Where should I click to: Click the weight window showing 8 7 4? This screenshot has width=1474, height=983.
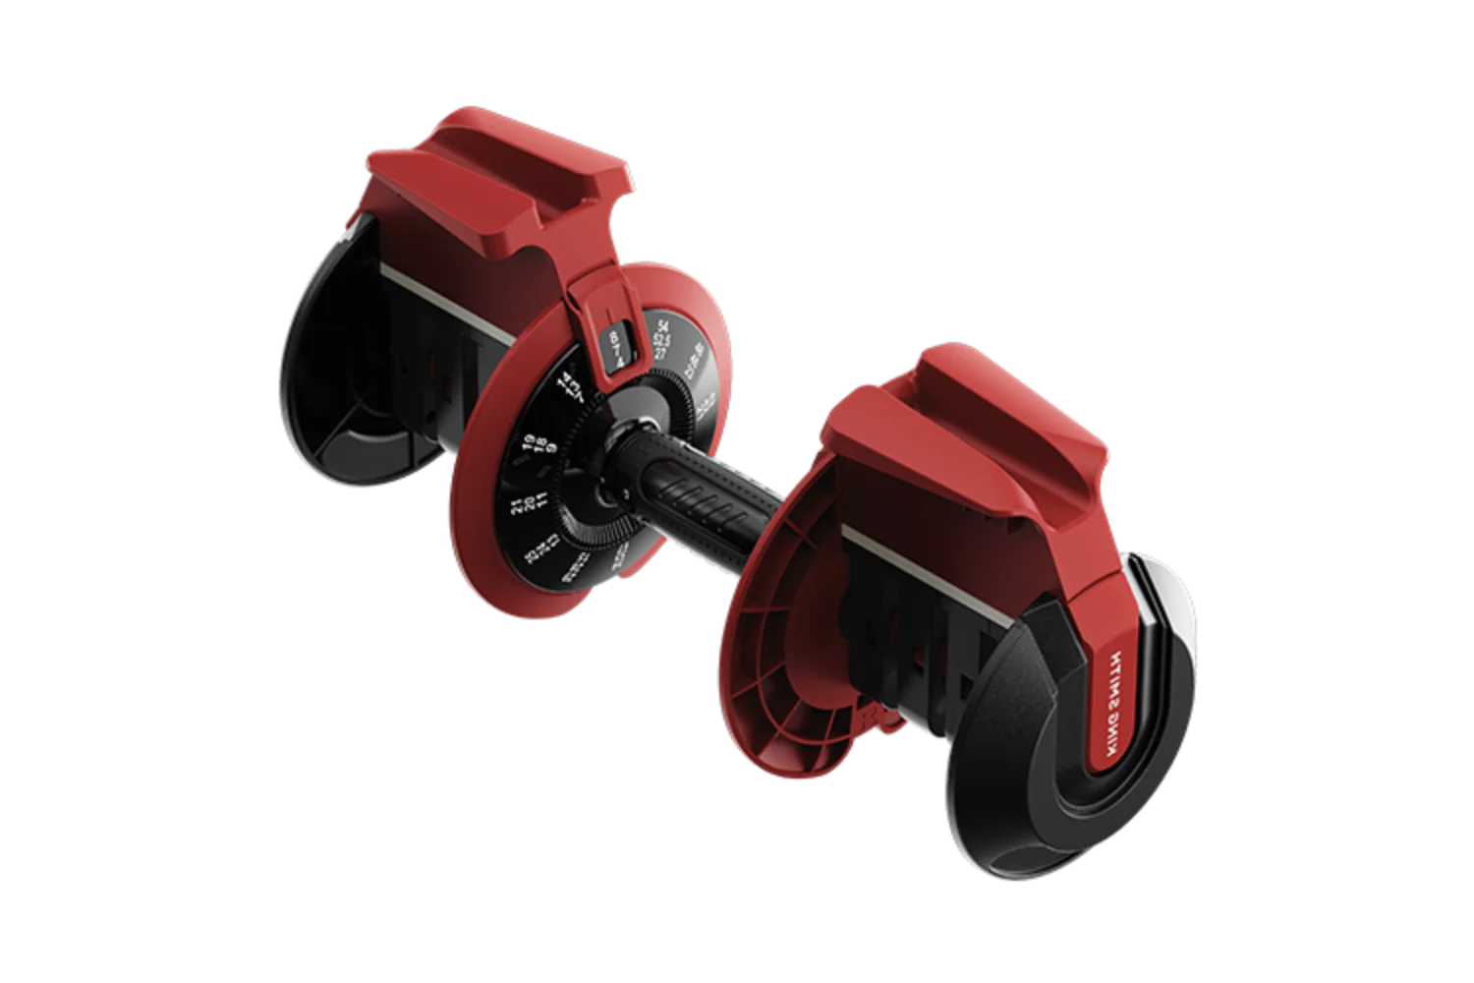617,346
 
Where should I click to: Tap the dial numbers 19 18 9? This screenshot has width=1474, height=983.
539,443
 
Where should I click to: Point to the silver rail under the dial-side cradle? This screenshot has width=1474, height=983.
442,305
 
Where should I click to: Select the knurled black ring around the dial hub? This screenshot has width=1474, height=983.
590,511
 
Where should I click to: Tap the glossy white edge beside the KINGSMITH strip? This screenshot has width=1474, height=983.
1174,609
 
